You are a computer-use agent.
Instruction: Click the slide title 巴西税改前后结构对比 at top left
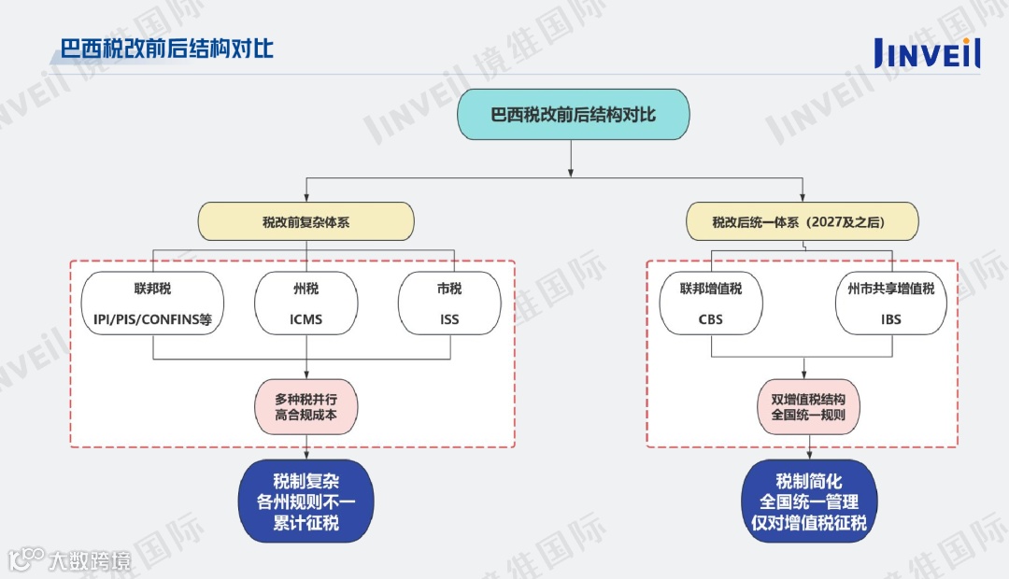[x=167, y=48]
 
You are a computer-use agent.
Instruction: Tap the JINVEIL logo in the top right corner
[x=927, y=52]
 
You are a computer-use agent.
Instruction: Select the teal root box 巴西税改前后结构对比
[x=573, y=115]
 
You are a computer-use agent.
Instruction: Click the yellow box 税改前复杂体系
[x=306, y=222]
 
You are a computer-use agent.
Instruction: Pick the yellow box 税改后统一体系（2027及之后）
[x=803, y=222]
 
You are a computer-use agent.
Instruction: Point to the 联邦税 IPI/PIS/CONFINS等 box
[x=153, y=304]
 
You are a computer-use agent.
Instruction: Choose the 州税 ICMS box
[x=306, y=304]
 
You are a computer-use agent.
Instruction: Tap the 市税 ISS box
[x=449, y=304]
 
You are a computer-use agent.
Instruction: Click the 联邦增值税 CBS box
[x=711, y=304]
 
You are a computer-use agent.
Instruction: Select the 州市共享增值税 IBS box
[x=891, y=304]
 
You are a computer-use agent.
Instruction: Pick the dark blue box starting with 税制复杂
[x=306, y=502]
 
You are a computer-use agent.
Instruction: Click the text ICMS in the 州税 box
[x=306, y=319]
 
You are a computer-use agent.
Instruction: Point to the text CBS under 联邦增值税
[x=711, y=319]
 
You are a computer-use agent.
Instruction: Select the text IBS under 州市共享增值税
[x=891, y=319]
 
